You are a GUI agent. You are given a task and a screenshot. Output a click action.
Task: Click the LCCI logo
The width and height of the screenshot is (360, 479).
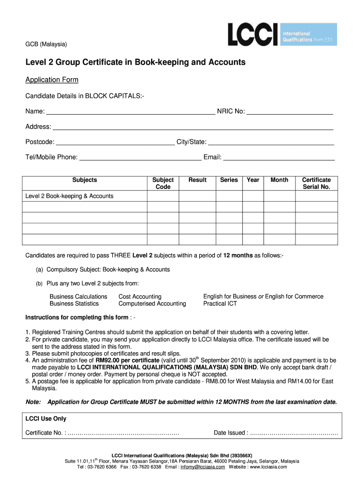[x=282, y=34]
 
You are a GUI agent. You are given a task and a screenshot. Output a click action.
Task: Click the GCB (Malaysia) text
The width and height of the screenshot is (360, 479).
[x=46, y=44]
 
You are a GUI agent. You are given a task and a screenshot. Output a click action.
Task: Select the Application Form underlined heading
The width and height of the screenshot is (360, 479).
[x=52, y=80]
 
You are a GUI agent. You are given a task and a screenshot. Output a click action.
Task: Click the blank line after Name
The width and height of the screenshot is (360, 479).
[x=130, y=112]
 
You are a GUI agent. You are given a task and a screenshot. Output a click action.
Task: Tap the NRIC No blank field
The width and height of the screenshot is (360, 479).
[x=289, y=112]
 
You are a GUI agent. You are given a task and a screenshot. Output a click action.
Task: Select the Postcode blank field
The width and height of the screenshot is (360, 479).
[x=115, y=142]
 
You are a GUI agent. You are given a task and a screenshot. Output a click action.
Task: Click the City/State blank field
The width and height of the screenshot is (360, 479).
[x=271, y=142]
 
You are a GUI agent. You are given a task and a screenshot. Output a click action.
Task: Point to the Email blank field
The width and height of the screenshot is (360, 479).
[x=279, y=158]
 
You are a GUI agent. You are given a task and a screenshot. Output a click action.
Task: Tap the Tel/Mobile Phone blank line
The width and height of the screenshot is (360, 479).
[x=141, y=158]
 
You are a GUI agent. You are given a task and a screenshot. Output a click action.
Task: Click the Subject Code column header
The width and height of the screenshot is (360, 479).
[x=163, y=183]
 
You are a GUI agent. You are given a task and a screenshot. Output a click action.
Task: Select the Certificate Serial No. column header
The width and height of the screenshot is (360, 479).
[x=316, y=183]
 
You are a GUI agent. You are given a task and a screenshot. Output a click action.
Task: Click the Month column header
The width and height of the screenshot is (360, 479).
[x=280, y=180]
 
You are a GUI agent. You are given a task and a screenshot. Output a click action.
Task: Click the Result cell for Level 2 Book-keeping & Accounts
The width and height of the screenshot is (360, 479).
[x=197, y=196]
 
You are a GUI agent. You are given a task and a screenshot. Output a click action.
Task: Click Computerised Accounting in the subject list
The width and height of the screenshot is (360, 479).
[x=152, y=304]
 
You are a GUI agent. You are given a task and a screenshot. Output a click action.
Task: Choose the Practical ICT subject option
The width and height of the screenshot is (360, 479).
[x=220, y=304]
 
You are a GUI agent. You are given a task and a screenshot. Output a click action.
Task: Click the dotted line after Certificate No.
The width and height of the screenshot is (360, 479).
[x=123, y=433]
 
